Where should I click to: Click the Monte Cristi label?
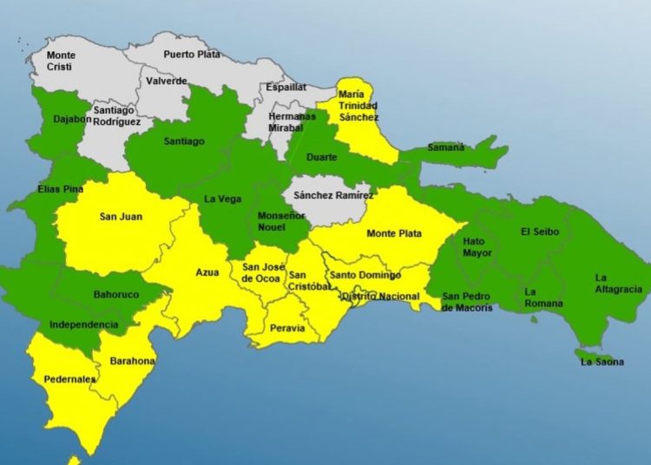pos(60,61)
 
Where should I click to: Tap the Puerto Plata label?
pos(192,54)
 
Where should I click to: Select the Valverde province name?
pos(167,81)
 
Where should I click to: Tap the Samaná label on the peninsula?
pos(444,147)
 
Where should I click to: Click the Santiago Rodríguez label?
pos(116,115)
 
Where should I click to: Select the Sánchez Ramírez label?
pos(333,196)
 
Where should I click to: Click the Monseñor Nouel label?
pos(271,221)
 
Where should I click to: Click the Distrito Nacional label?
pos(380,297)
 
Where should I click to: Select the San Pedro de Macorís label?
pos(467,302)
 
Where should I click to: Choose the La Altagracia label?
pos(618,283)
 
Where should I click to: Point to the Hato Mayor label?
pos(477,247)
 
